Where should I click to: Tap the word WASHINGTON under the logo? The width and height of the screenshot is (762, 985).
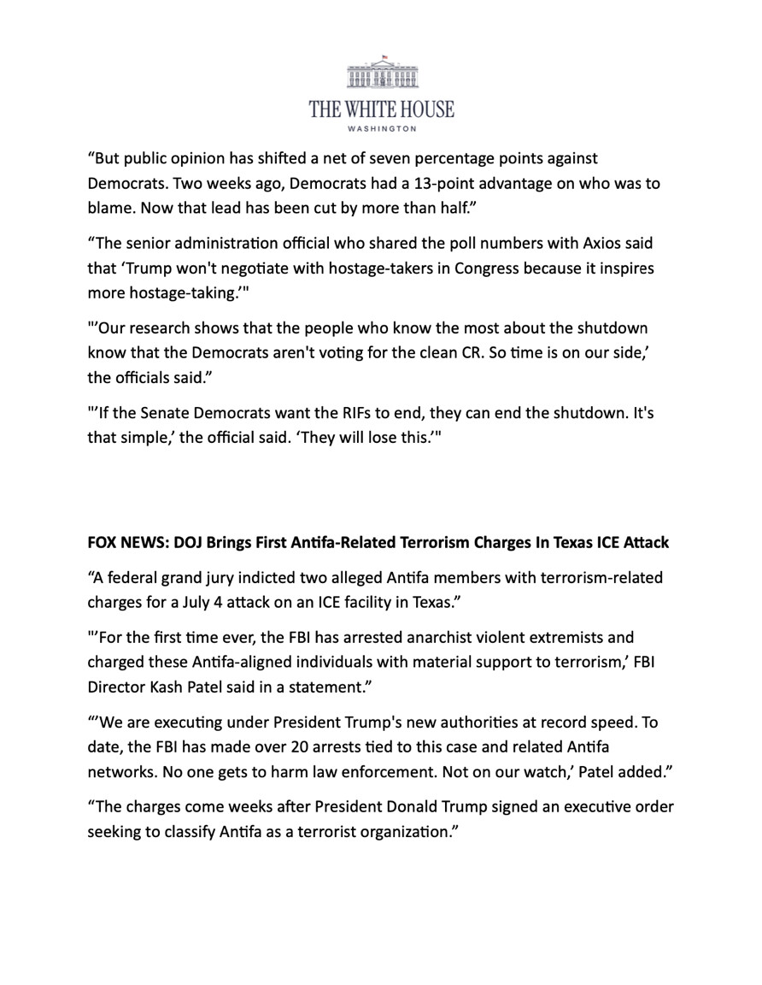tap(382, 129)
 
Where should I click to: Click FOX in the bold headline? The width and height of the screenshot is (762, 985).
tap(102, 543)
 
